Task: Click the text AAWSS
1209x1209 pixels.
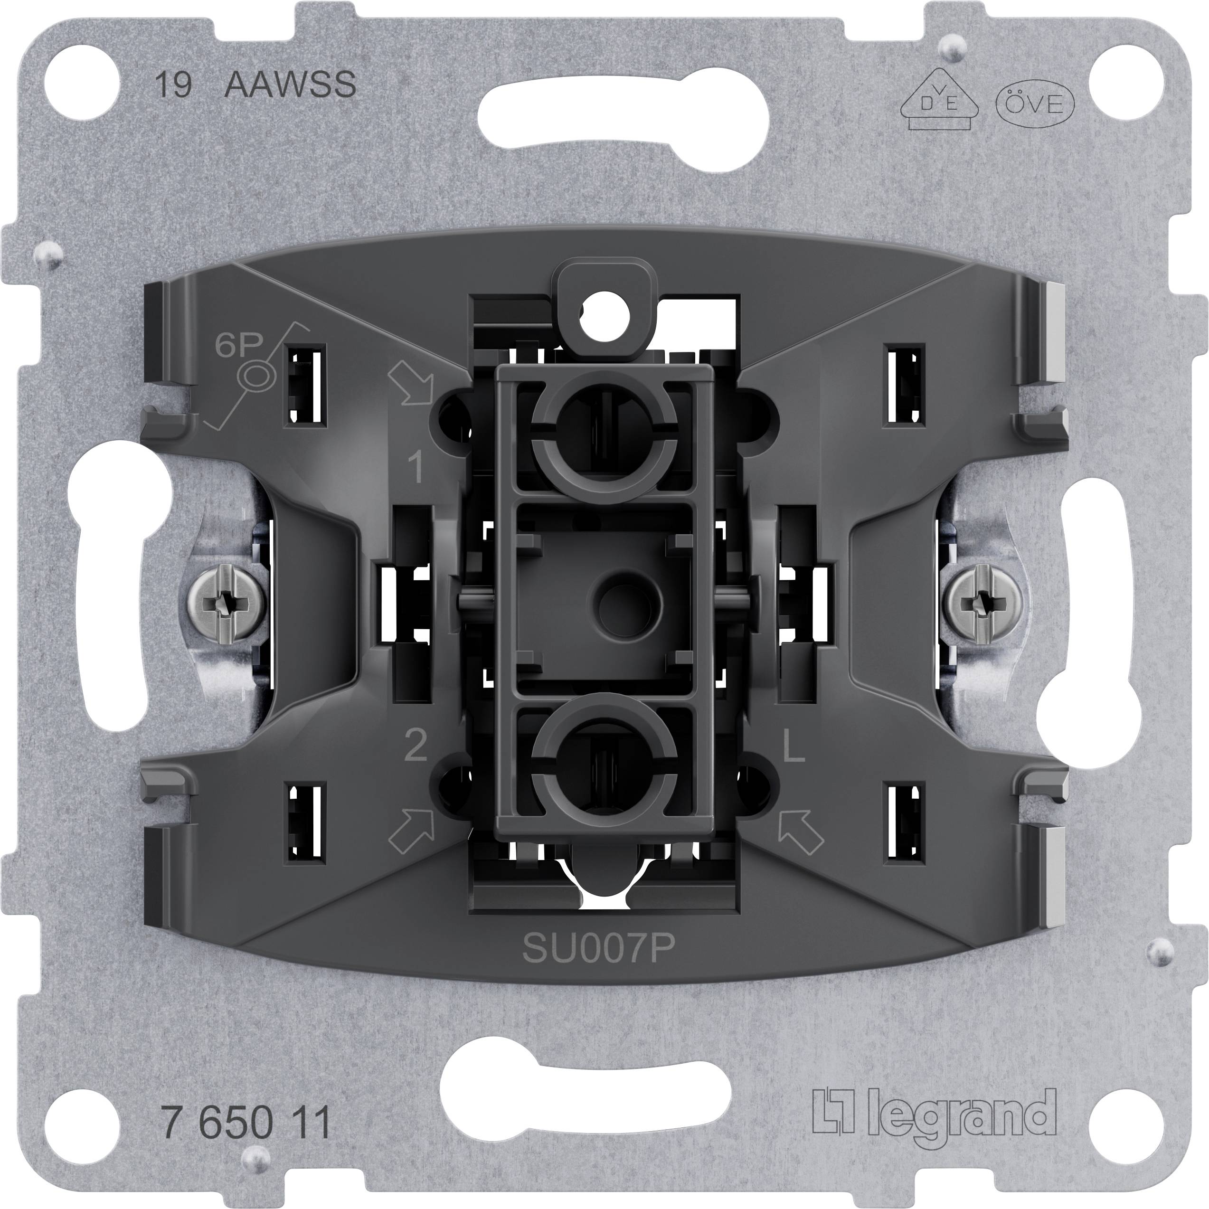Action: point(290,85)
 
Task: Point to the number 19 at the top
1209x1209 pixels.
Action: point(173,85)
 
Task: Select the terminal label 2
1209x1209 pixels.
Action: point(416,746)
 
